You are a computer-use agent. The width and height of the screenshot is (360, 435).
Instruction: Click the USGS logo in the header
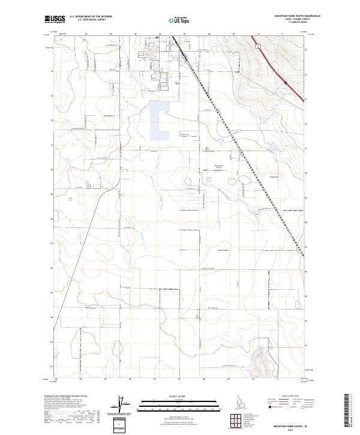[54, 19]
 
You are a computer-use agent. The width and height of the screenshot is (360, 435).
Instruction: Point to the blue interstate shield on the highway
[286, 83]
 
